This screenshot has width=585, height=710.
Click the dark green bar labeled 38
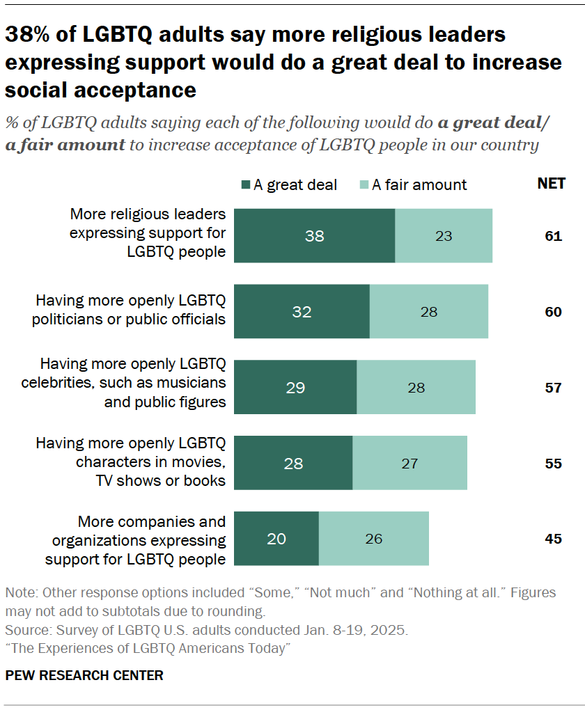314,235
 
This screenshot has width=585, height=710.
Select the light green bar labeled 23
444,235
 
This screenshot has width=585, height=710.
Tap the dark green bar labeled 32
302,311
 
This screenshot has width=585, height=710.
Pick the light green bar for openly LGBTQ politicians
428,311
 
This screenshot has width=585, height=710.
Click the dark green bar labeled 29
295,387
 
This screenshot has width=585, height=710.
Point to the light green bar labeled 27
409,463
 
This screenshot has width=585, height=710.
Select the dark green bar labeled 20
276,539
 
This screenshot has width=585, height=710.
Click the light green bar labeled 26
373,539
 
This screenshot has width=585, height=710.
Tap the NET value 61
553,236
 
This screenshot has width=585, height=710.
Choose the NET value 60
553,312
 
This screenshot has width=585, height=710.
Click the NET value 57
553,388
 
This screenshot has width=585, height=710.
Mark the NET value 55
553,464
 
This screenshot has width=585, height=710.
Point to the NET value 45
553,539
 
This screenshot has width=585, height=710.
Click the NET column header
551,184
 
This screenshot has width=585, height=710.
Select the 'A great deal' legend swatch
245,184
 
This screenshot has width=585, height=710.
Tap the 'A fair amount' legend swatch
363,184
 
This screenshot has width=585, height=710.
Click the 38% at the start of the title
29,34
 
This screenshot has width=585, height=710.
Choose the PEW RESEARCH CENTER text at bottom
84,675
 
